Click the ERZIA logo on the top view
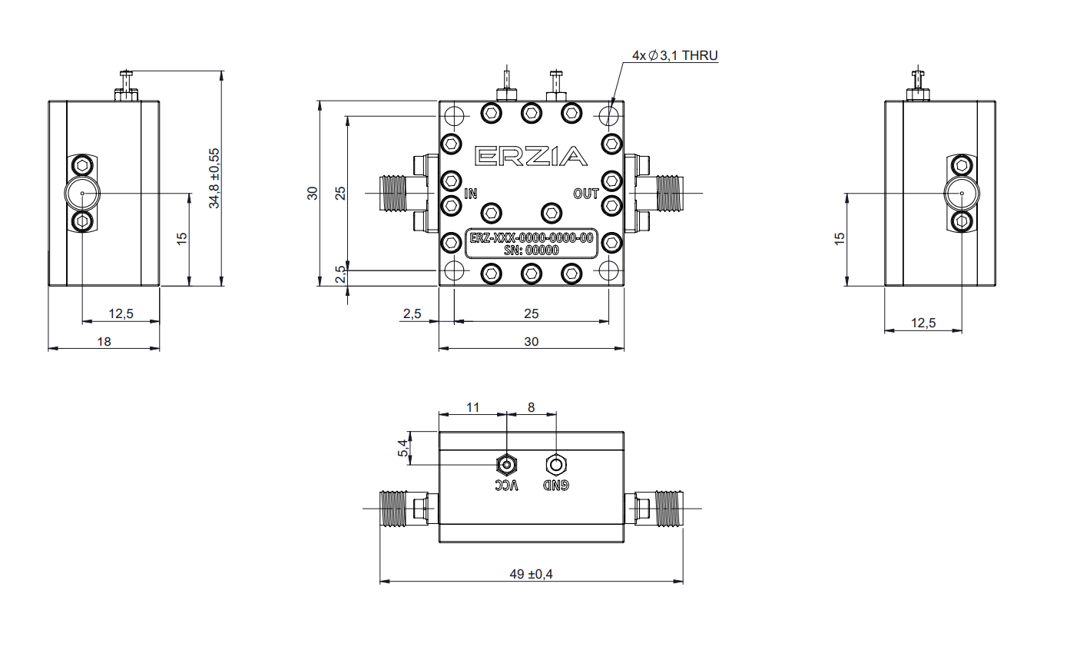(532, 156)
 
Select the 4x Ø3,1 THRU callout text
(674, 55)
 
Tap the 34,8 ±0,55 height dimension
(215, 178)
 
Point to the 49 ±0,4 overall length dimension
(531, 574)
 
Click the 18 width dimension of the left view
(104, 341)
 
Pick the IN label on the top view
(471, 194)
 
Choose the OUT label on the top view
(586, 194)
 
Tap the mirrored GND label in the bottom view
(556, 485)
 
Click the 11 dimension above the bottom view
(473, 407)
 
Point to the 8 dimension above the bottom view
(531, 407)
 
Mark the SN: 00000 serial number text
(532, 250)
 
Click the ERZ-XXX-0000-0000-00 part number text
(532, 239)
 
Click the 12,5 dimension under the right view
(923, 323)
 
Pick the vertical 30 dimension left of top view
(313, 193)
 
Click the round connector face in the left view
(81, 194)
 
